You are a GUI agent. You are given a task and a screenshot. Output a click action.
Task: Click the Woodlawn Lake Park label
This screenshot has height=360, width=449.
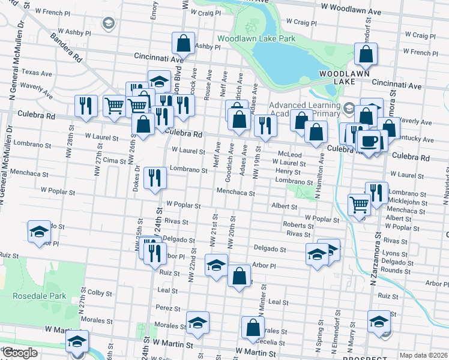257,38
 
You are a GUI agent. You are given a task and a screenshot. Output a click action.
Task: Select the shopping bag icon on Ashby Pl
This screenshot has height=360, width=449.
184,44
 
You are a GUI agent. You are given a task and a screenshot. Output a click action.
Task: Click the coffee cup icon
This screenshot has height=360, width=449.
368,142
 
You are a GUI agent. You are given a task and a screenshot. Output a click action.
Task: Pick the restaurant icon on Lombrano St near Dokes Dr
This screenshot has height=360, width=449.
155,178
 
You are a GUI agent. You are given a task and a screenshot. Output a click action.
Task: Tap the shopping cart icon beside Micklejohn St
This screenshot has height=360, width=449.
359,205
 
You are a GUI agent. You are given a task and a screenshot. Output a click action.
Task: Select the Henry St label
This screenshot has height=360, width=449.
288,172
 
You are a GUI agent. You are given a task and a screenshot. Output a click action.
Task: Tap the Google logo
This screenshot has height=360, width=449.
20,353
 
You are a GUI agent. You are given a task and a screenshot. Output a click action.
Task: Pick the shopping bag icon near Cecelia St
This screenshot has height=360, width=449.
253,328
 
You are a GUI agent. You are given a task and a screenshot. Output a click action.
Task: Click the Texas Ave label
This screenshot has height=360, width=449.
37,73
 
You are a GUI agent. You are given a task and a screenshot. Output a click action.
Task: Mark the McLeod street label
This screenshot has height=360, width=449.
289,154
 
